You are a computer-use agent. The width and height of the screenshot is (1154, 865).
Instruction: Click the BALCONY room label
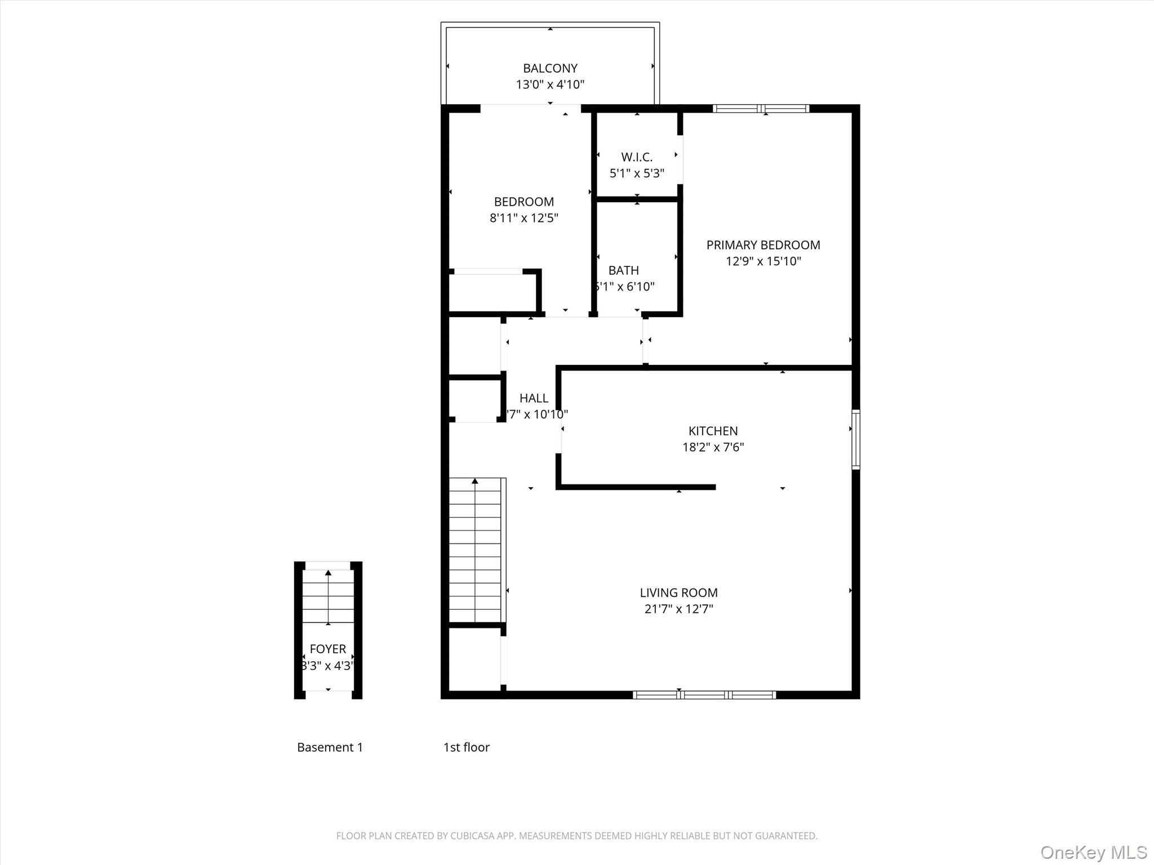pos(550,68)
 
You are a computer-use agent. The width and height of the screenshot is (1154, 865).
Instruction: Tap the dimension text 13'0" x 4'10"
pos(550,84)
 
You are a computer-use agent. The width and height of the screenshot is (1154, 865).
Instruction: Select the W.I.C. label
pos(637,157)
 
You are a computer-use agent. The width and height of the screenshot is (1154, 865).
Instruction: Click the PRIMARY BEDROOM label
pos(763,245)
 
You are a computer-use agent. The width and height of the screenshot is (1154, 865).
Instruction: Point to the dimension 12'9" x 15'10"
pos(763,261)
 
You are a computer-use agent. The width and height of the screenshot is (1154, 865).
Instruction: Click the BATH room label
pos(623,270)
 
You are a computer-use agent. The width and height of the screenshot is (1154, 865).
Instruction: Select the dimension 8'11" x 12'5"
pos(523,218)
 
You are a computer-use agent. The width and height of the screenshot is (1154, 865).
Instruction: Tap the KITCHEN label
pos(713,431)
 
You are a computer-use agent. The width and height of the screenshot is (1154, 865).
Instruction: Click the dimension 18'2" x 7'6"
pos(713,447)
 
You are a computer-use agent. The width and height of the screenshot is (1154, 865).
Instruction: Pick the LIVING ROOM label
pos(678,592)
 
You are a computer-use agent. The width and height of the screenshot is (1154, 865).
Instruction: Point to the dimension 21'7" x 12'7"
pos(678,609)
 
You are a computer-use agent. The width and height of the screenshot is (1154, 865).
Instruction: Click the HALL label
pos(534,398)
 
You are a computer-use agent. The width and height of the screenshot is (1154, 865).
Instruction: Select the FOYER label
pos(328,649)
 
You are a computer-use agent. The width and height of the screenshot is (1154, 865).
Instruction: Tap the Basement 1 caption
pos(330,747)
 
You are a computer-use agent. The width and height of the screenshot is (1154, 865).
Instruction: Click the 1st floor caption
pos(466,747)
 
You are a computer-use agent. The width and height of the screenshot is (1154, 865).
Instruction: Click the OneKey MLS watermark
pos(1093,852)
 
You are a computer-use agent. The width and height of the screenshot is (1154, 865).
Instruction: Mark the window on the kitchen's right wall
pos(855,440)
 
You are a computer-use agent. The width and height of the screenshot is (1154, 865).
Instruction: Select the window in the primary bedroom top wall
pos(761,109)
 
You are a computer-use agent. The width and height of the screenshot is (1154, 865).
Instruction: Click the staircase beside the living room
pos(475,550)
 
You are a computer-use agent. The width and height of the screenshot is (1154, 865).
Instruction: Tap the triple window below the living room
pos(704,695)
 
